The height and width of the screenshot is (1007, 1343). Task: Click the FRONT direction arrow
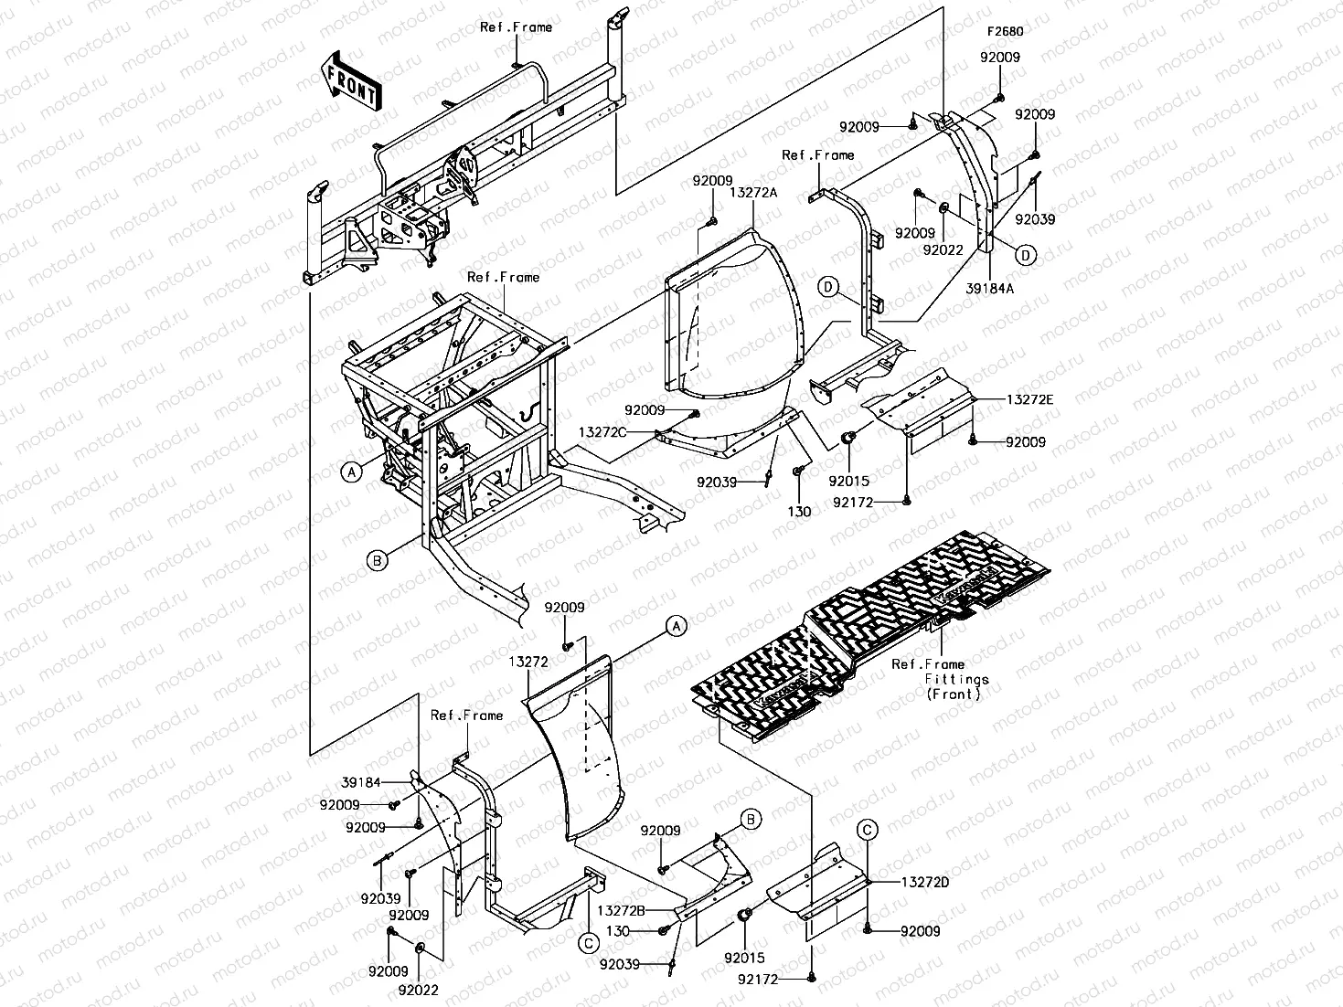[x=351, y=80]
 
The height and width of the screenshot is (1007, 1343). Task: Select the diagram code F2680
[x=1005, y=31]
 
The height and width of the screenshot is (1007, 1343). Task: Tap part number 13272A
[x=753, y=193]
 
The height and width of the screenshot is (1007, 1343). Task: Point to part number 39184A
[x=989, y=288]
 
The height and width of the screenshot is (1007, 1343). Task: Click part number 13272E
[x=1030, y=399]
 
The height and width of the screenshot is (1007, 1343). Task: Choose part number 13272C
[x=602, y=432]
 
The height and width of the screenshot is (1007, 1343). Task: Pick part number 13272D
[x=925, y=883]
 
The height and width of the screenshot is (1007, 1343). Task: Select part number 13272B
[x=621, y=910]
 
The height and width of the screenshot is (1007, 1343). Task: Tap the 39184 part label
[x=361, y=782]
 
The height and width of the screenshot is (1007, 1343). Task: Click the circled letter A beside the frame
[x=352, y=472]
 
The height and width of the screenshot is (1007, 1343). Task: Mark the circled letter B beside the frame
[x=377, y=560]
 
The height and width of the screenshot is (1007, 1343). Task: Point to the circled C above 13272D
[x=867, y=830]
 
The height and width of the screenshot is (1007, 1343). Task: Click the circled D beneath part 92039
[x=1026, y=255]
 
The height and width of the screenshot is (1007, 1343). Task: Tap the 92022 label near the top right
[x=943, y=250]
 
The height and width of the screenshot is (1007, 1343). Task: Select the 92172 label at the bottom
[x=758, y=980]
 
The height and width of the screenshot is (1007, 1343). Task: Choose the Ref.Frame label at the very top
[x=516, y=26]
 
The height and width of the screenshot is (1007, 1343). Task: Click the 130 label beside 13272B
[x=618, y=930]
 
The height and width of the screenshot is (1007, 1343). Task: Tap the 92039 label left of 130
[x=620, y=964]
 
